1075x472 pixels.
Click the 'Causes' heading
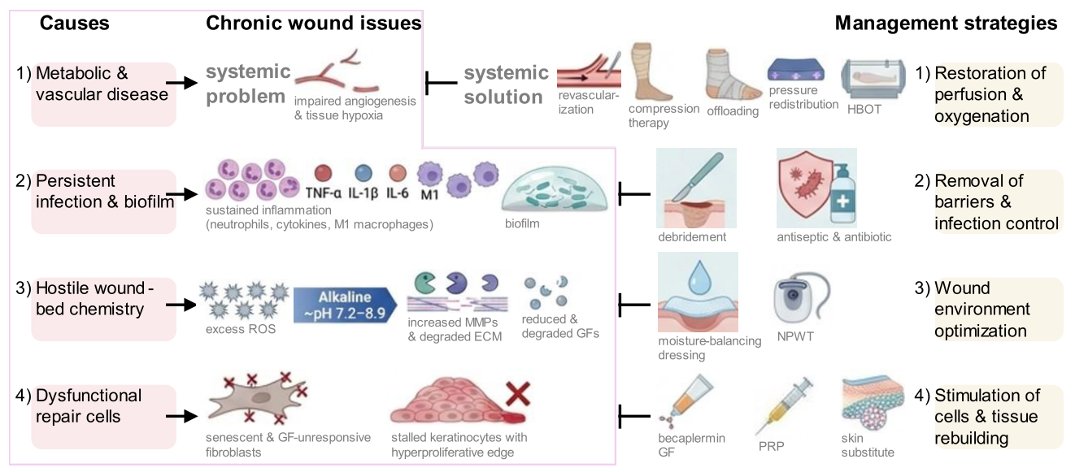[74, 23]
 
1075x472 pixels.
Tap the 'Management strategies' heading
[946, 23]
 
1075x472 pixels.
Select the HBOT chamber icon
[873, 79]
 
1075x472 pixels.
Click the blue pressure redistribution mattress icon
[796, 70]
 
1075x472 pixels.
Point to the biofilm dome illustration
[555, 189]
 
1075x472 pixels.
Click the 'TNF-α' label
[324, 193]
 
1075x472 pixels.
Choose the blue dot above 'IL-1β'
[363, 173]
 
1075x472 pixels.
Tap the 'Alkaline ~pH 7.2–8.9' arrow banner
[345, 305]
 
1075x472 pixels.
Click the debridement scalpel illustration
[696, 188]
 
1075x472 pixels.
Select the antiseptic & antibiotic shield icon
[816, 188]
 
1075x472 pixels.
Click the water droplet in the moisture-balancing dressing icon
[699, 277]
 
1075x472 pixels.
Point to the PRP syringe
[784, 405]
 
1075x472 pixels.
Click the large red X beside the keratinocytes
[518, 394]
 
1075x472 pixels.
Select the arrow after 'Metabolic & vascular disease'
[182, 83]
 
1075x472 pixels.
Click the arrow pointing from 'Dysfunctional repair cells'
[182, 416]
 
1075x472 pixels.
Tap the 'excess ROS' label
[241, 329]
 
